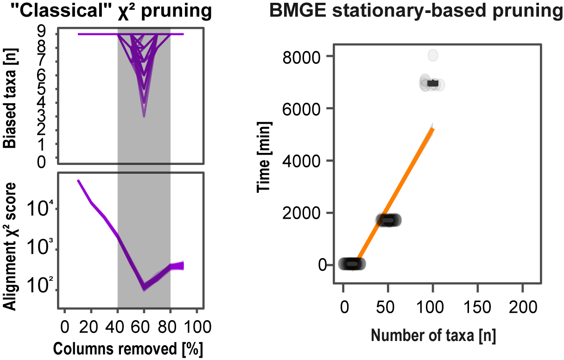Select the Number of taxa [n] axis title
(433, 335)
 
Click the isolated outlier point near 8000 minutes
(433, 55)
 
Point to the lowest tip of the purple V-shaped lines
(144, 116)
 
